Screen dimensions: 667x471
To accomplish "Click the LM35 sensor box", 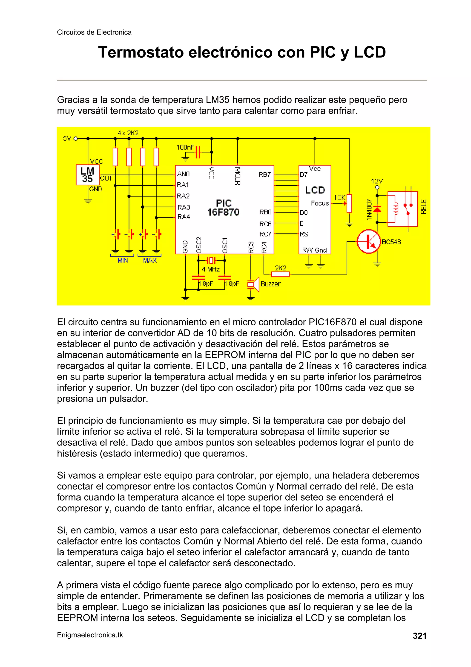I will (x=87, y=175).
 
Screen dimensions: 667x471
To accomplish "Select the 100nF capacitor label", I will (x=185, y=147).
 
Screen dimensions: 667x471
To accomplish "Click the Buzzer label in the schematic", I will (x=270, y=284).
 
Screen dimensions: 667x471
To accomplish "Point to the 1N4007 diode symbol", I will (x=377, y=209).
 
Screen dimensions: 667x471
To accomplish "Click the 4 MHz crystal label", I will (x=211, y=269).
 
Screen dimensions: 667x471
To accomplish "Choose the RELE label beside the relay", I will (x=423, y=207).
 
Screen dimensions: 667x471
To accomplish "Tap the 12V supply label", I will (x=377, y=181).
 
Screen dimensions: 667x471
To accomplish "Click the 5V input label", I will (x=67, y=139).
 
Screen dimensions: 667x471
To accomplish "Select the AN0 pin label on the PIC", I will (x=183, y=174).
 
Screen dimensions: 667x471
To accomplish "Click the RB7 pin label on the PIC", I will (x=265, y=175).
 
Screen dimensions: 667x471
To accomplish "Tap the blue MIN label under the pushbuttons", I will (x=123, y=260).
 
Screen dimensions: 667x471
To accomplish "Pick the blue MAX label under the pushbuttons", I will (x=150, y=260).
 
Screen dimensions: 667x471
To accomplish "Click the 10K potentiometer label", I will (x=339, y=198).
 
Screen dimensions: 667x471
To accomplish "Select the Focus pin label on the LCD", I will (x=320, y=203).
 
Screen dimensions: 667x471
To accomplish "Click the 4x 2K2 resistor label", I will (x=128, y=133).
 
